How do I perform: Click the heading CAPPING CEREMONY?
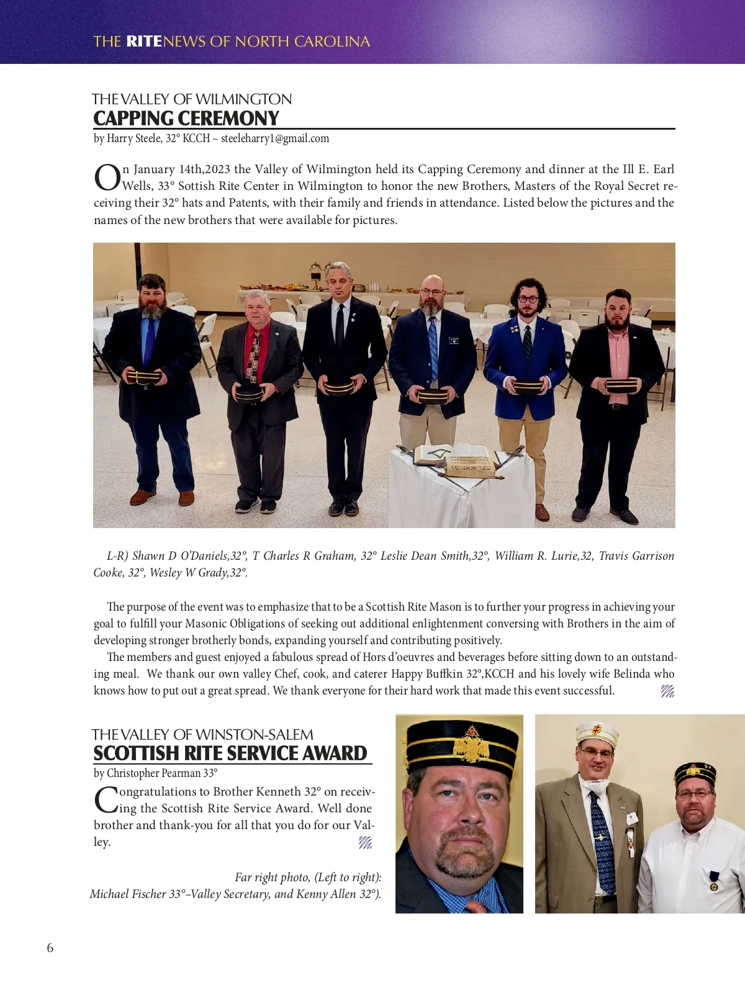186,118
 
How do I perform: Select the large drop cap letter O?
107,177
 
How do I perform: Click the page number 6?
50,948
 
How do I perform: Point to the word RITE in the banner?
143,42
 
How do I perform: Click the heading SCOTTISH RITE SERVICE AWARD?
230,753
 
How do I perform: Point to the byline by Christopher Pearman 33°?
155,773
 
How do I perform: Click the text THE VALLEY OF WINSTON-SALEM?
202,735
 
